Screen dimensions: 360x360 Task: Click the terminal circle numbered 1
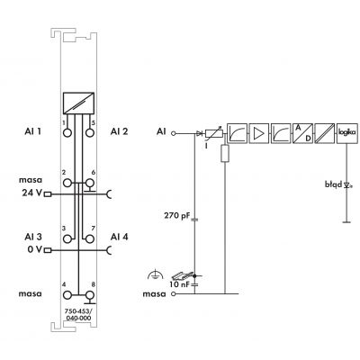[x=67, y=132]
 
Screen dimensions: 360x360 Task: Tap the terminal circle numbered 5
[x=89, y=132]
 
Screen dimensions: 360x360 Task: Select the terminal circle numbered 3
[x=67, y=238]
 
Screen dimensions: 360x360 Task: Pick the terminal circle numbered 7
[x=89, y=238]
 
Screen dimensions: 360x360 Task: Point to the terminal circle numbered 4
[x=67, y=295]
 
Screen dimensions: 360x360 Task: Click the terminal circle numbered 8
[x=89, y=295]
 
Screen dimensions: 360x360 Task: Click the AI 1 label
[x=33, y=131]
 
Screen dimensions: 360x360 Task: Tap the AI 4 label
[x=120, y=237]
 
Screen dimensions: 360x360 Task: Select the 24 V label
[x=31, y=193]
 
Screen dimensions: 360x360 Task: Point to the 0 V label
[x=35, y=249]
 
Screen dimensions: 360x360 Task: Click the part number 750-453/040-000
[x=78, y=315]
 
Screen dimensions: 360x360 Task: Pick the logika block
[x=347, y=133]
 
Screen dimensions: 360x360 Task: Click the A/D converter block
[x=302, y=133]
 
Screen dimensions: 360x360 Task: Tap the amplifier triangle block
[x=258, y=133]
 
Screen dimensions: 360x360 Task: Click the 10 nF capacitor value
[x=180, y=284]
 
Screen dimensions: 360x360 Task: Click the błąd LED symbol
[x=347, y=184]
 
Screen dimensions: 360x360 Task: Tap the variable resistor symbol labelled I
[x=214, y=133]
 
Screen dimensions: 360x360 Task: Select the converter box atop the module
[x=78, y=103]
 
